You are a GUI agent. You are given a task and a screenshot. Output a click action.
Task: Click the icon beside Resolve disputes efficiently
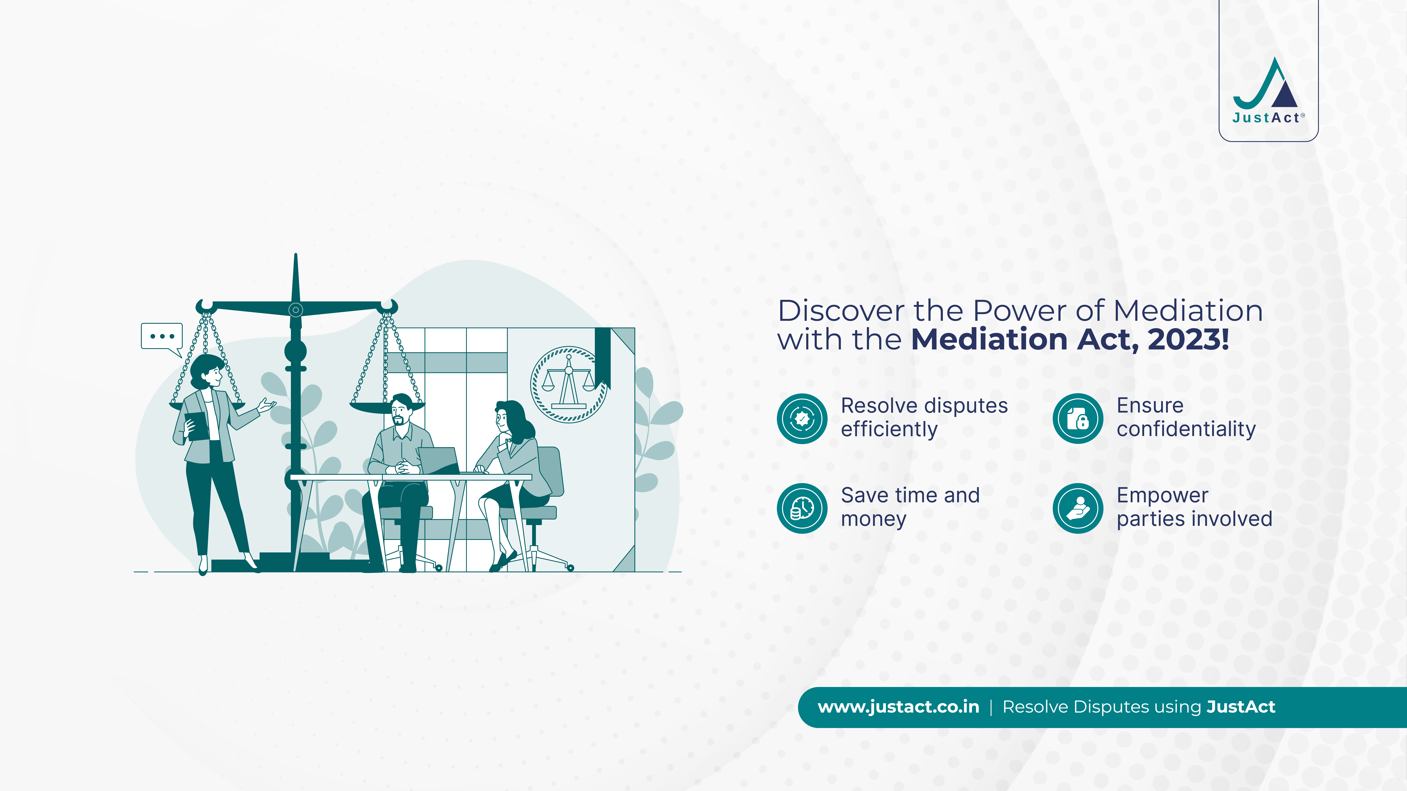[802, 419]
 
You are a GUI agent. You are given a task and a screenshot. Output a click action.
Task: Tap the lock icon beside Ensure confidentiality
[1078, 419]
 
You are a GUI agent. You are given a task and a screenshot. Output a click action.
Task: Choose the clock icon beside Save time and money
[802, 508]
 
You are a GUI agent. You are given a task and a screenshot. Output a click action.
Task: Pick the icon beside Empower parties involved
[1078, 508]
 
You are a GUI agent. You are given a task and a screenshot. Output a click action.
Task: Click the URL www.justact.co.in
[899, 707]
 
